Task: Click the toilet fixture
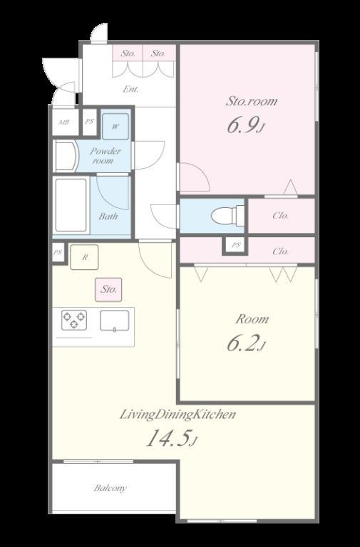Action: point(227,216)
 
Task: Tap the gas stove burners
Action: point(74,320)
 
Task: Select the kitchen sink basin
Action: point(115,321)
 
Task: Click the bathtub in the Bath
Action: point(71,205)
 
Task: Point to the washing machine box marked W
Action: point(115,126)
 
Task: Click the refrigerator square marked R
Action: point(84,257)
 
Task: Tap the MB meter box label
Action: point(64,122)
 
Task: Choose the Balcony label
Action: point(110,488)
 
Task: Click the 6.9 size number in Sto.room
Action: point(242,125)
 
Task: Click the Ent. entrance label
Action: point(130,89)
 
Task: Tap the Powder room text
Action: point(105,155)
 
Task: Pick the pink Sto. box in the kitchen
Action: point(108,290)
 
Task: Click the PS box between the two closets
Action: point(236,245)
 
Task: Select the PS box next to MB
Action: point(90,122)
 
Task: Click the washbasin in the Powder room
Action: point(66,157)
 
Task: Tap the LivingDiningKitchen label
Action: point(178,415)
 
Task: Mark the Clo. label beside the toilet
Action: point(281,216)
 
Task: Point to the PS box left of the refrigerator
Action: point(58,253)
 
